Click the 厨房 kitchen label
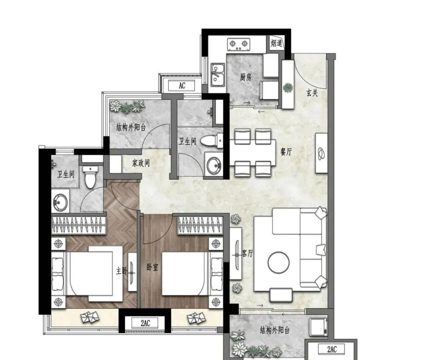pos(246,77)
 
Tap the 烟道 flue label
pos(276,43)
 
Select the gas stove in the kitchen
pos(238,44)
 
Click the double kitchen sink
pos(218,75)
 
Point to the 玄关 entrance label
pos(312,93)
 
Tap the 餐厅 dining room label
pos(286,152)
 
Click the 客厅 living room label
pos(247,253)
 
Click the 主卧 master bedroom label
pos(122,271)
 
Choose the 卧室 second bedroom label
pos(152,267)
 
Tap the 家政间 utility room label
pos(141,163)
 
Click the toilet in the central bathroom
pos(212,141)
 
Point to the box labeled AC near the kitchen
pos(182,86)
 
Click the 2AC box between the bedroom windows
pos(145,323)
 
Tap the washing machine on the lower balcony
pos(318,327)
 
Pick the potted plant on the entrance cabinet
pos(288,88)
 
